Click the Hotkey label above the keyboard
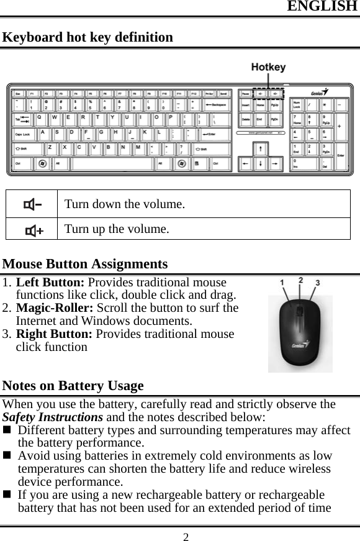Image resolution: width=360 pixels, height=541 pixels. coord(268,67)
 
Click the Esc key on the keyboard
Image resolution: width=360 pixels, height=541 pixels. coord(18,94)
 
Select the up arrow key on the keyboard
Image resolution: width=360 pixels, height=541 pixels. coord(259,148)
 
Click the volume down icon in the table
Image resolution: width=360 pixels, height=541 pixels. coord(32,204)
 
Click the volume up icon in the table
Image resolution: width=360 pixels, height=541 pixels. coord(33,229)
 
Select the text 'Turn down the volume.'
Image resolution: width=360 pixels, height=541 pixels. coord(125,204)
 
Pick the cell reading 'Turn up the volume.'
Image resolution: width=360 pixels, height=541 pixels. coord(116,229)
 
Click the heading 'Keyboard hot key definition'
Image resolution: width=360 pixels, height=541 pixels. coord(88,37)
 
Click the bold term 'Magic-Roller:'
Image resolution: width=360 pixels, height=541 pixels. coord(53,308)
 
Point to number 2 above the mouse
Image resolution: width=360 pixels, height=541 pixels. coord(301,281)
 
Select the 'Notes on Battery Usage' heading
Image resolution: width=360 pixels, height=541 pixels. coord(73,386)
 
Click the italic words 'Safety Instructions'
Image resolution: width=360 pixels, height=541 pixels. coord(53,417)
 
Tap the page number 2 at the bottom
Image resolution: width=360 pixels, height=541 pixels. coord(186,535)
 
